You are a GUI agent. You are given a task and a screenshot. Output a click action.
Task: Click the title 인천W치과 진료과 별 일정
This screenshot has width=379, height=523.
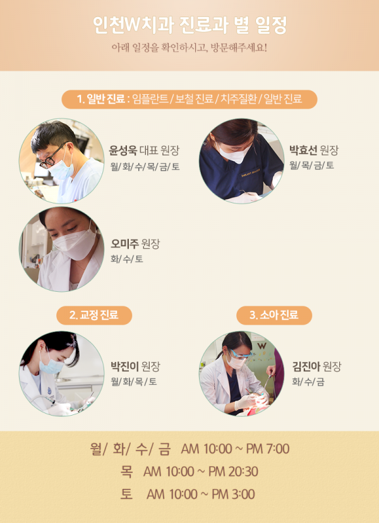[189, 25]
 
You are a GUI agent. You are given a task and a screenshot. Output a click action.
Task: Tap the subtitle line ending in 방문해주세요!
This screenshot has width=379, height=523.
[189, 48]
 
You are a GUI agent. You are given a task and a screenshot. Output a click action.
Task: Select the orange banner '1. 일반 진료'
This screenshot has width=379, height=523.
[189, 99]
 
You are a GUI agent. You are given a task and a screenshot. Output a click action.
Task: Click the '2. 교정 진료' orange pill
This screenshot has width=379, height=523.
[94, 315]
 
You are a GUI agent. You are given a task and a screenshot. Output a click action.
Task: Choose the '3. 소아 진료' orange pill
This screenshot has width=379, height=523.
[274, 315]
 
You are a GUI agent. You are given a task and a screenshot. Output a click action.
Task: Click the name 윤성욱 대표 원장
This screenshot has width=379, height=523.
[144, 150]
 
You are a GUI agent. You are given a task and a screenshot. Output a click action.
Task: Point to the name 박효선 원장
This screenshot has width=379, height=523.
[313, 150]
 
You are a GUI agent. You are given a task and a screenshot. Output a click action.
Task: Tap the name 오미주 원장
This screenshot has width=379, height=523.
[135, 244]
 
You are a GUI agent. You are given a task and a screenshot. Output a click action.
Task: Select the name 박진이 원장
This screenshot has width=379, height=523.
[135, 366]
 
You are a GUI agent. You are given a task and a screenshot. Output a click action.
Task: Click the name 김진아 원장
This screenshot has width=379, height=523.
[316, 366]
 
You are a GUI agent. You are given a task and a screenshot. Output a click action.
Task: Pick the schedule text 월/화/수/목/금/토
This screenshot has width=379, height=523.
[145, 166]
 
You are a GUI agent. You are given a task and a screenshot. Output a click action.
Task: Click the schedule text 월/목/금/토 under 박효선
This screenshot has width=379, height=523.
[312, 165]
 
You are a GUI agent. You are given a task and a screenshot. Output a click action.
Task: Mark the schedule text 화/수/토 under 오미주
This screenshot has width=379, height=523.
[127, 259]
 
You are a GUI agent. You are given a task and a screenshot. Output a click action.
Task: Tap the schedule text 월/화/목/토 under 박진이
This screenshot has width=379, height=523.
[134, 382]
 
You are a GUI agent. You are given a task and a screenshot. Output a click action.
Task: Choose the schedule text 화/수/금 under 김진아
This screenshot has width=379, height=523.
[308, 382]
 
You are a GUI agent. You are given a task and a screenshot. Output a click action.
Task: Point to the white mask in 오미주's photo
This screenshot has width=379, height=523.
[74, 243]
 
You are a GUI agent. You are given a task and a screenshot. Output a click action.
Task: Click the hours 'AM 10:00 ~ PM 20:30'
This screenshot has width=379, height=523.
[201, 472]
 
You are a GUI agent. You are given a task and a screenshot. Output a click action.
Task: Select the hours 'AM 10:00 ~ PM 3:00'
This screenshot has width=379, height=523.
[201, 494]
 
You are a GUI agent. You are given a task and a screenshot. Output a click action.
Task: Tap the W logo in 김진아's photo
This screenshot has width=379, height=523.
[262, 346]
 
